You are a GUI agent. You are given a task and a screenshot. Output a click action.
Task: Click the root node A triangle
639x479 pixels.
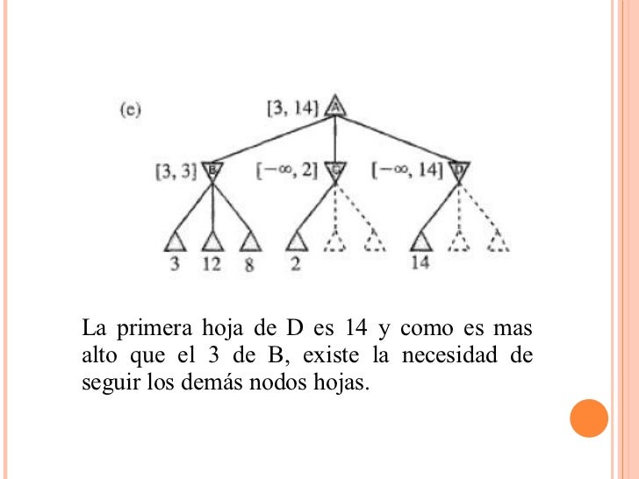coord(334,106)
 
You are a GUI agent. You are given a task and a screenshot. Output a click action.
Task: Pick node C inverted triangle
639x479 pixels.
coord(334,170)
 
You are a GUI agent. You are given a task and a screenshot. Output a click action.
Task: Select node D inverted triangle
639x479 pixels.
coord(458,170)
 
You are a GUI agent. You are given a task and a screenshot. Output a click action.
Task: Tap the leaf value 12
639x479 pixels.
coord(212,264)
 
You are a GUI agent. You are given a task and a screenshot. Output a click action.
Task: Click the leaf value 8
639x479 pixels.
coord(249,265)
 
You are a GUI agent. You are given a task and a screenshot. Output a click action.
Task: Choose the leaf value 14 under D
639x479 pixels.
coord(420,263)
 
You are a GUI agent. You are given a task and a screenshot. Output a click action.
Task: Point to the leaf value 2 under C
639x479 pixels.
coord(296,264)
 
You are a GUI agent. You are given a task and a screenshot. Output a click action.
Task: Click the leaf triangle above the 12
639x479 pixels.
coord(212,240)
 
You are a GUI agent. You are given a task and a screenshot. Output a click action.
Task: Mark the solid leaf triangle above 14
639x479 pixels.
coord(421,240)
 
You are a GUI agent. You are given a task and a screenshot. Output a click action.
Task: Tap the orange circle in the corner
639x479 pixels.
coord(589,419)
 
